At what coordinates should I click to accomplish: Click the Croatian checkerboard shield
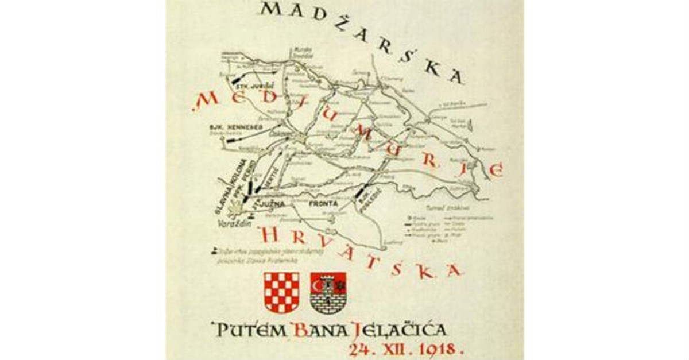pos(281,291)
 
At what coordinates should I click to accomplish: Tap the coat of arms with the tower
pos(328,292)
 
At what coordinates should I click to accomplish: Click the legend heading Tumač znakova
pos(439,207)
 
